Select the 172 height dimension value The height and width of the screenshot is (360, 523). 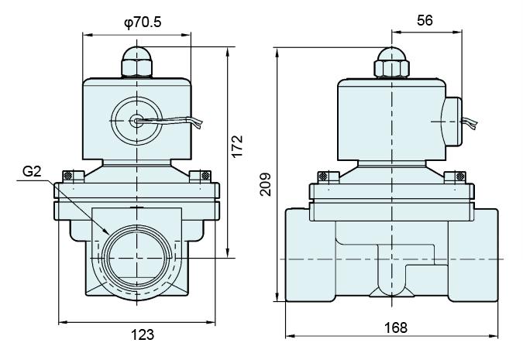tap(238, 143)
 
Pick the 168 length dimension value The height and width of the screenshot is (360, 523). tap(395, 327)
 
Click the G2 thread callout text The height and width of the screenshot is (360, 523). tap(31, 172)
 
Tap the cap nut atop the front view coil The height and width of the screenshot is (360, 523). tap(137, 63)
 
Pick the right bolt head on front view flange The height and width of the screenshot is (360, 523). tap(204, 176)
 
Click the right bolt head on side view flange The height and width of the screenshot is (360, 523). tap(459, 176)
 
